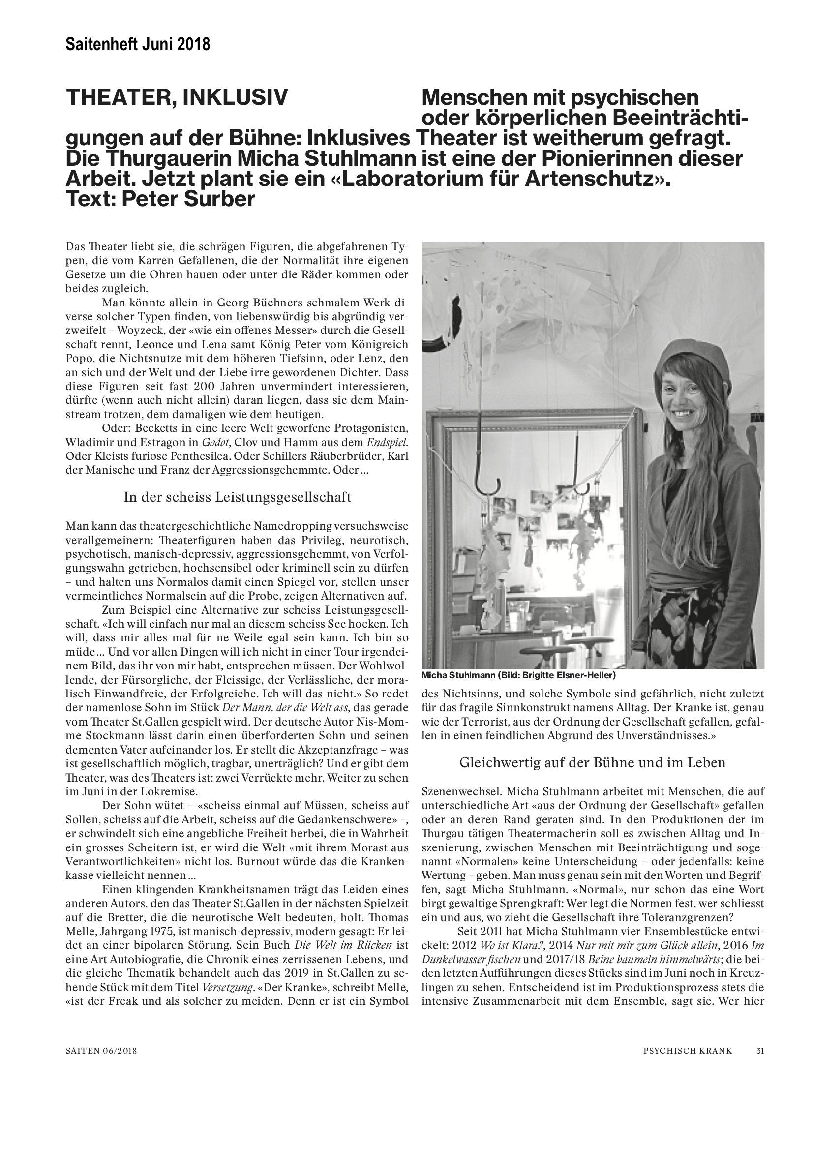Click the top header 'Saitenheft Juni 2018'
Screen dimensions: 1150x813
coord(138,45)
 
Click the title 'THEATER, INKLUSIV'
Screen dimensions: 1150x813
coord(178,97)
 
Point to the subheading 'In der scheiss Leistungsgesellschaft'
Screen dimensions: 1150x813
coord(237,497)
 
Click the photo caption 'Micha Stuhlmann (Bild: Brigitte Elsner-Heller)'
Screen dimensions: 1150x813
coord(518,676)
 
